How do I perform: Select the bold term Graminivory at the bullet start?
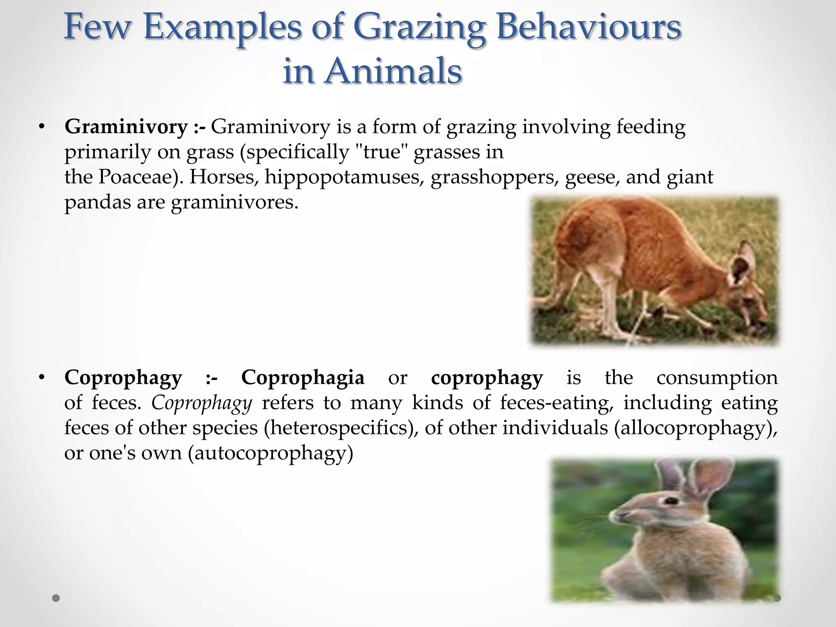coord(126,127)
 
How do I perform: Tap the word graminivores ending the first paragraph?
coord(235,202)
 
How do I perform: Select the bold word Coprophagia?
coord(302,377)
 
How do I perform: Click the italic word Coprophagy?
coord(202,403)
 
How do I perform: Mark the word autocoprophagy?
coord(270,453)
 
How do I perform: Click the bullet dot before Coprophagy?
coord(41,378)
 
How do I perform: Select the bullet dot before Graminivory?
coord(41,127)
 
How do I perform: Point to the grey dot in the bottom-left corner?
coord(56,598)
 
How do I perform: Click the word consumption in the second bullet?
coord(717,377)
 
